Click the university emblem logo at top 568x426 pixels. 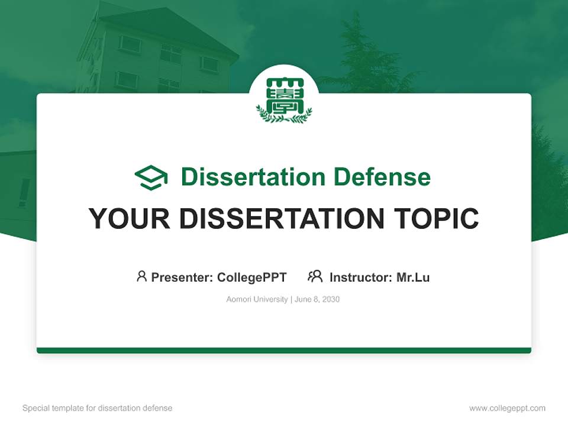click(x=284, y=99)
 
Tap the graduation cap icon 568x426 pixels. click(x=151, y=177)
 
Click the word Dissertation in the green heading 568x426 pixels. click(x=253, y=177)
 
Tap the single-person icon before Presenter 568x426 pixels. click(x=141, y=276)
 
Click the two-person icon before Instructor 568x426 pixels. click(x=315, y=276)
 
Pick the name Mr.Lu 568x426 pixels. click(x=413, y=277)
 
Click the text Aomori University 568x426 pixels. click(x=257, y=299)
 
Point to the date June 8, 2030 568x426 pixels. click(x=317, y=299)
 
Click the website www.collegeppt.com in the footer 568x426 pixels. click(x=507, y=408)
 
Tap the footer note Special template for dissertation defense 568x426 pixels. click(x=97, y=408)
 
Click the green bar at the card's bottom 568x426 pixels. click(x=284, y=350)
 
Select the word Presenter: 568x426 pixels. click(x=182, y=277)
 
